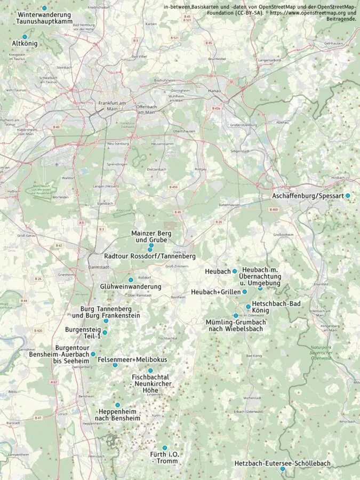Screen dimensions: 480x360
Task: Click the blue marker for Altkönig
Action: (x=25, y=37)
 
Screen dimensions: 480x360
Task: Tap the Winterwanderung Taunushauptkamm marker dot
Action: (x=44, y=8)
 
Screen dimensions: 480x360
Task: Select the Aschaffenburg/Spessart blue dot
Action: (x=348, y=196)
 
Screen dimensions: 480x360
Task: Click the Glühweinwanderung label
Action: (x=131, y=287)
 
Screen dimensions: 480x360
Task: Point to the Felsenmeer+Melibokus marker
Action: (x=115, y=365)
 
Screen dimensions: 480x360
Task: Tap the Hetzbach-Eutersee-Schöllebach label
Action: (x=282, y=463)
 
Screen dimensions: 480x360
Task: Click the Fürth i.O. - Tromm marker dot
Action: (x=164, y=447)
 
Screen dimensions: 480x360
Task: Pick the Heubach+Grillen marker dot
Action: (x=245, y=292)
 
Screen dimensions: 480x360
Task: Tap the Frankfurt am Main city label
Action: (x=111, y=106)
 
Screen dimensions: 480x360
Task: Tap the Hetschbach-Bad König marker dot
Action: (x=248, y=307)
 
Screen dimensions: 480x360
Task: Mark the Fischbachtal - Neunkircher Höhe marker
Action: (x=150, y=371)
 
